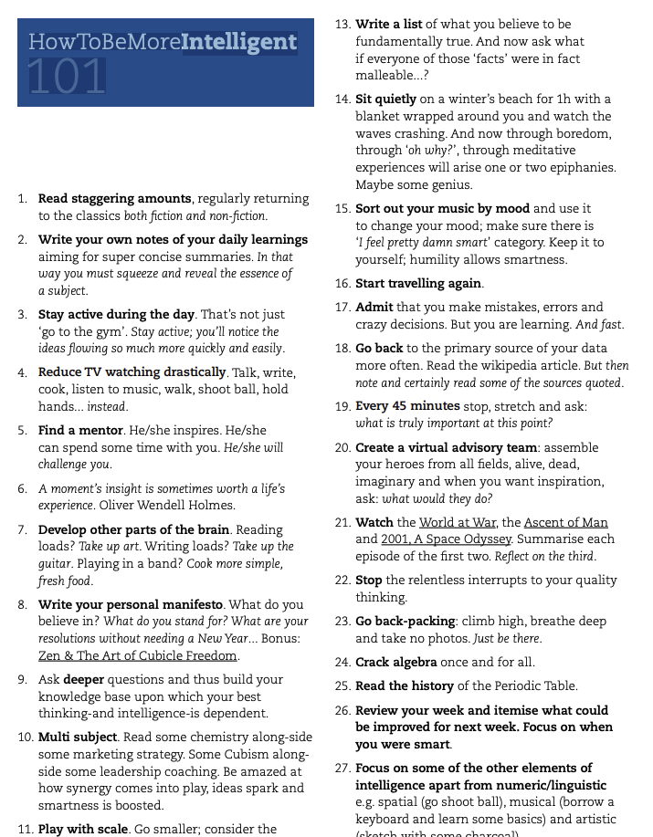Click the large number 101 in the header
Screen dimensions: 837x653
[x=67, y=77]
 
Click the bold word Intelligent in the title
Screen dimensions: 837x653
[x=239, y=41]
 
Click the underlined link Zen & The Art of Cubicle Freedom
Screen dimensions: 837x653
[x=139, y=655]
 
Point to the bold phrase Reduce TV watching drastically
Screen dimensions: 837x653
[x=132, y=372]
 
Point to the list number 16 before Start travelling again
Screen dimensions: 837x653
[x=342, y=284]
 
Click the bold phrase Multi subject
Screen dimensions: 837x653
[x=78, y=737]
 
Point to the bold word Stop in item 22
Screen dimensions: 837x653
[x=369, y=580]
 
